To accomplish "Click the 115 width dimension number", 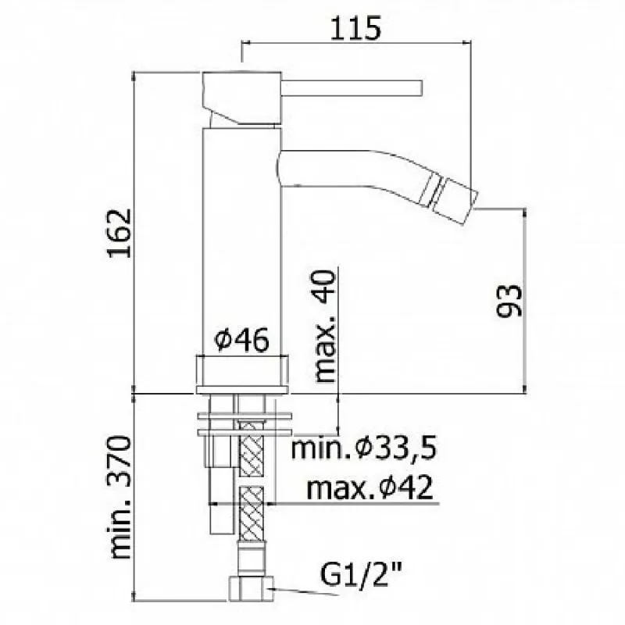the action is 355,28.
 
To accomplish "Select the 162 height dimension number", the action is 120,233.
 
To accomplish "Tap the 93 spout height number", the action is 509,301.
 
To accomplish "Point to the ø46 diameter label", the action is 241,340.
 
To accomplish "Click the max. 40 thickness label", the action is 324,327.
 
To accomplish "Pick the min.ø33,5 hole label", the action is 364,448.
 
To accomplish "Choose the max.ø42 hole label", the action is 370,487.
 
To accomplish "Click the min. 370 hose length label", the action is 120,498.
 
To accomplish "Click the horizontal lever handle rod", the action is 352,88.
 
